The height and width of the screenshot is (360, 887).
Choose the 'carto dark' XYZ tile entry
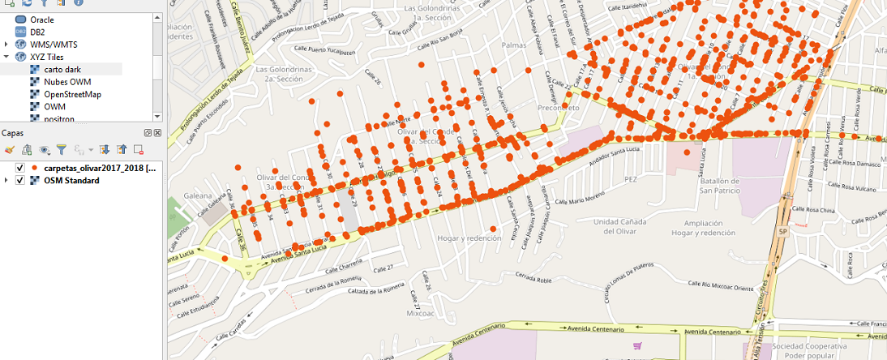[x=62, y=70]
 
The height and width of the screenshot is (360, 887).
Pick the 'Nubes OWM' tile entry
[x=67, y=82]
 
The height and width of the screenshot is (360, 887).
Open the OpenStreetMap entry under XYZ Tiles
[x=72, y=94]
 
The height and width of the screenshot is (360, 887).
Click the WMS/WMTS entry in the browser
[x=54, y=44]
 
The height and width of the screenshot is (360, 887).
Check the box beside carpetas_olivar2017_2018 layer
[x=20, y=168]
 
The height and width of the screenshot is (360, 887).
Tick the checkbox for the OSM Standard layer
[x=20, y=180]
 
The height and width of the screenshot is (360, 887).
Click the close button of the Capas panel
[x=157, y=133]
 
